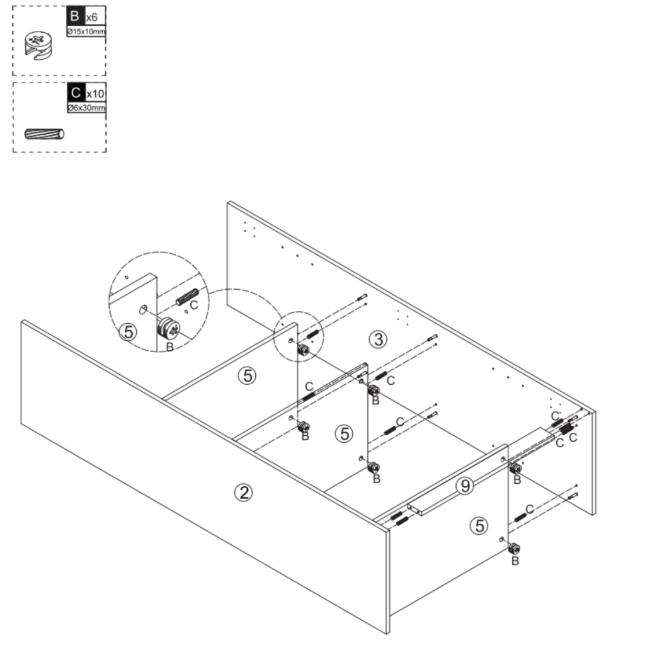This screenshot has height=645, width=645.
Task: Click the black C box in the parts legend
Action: click(x=75, y=93)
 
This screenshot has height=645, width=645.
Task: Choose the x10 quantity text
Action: click(x=96, y=94)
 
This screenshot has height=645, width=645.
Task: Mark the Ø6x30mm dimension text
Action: click(x=86, y=108)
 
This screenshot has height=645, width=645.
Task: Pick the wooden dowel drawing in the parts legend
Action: click(x=44, y=134)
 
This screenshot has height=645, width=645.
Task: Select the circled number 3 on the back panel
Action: click(x=377, y=340)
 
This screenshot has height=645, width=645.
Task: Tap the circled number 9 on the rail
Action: click(x=464, y=485)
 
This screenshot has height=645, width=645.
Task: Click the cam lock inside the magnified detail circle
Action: click(x=168, y=328)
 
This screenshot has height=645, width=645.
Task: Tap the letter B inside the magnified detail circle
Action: click(x=169, y=346)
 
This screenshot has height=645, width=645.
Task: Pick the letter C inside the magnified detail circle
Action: click(x=195, y=305)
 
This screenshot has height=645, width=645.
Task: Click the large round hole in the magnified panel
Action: click(x=144, y=309)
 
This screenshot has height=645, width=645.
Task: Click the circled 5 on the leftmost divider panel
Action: click(x=247, y=375)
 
